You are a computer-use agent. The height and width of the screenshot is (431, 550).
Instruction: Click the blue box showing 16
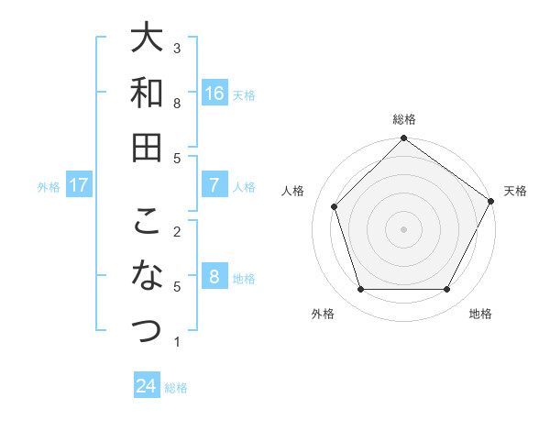click(x=214, y=93)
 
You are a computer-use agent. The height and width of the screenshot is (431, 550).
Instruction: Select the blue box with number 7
click(x=214, y=185)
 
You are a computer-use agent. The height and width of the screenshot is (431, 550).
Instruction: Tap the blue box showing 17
click(x=79, y=185)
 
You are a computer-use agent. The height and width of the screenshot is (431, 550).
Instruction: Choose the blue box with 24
click(x=147, y=386)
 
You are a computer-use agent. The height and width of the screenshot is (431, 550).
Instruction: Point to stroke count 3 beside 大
click(x=177, y=47)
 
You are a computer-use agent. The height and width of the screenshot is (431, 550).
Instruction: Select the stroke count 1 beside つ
click(x=177, y=342)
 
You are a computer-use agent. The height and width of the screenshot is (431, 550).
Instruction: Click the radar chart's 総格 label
click(x=403, y=119)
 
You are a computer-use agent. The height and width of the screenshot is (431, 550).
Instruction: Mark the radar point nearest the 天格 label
click(x=491, y=202)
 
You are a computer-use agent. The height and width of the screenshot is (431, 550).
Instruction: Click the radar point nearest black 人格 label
click(x=335, y=206)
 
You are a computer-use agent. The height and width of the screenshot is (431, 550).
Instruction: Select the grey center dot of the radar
click(x=403, y=228)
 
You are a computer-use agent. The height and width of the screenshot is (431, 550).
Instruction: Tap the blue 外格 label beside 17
click(x=49, y=186)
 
